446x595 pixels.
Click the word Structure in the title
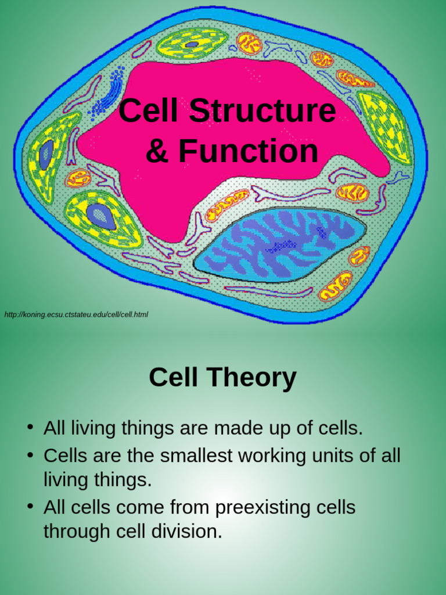coord(262,110)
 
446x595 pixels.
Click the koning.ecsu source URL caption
coord(76,314)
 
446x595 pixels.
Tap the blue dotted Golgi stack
coord(107,91)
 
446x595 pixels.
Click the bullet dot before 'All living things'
coord(30,427)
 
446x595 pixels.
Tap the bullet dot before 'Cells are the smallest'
coord(30,454)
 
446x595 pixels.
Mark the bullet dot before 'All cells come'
coord(30,507)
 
